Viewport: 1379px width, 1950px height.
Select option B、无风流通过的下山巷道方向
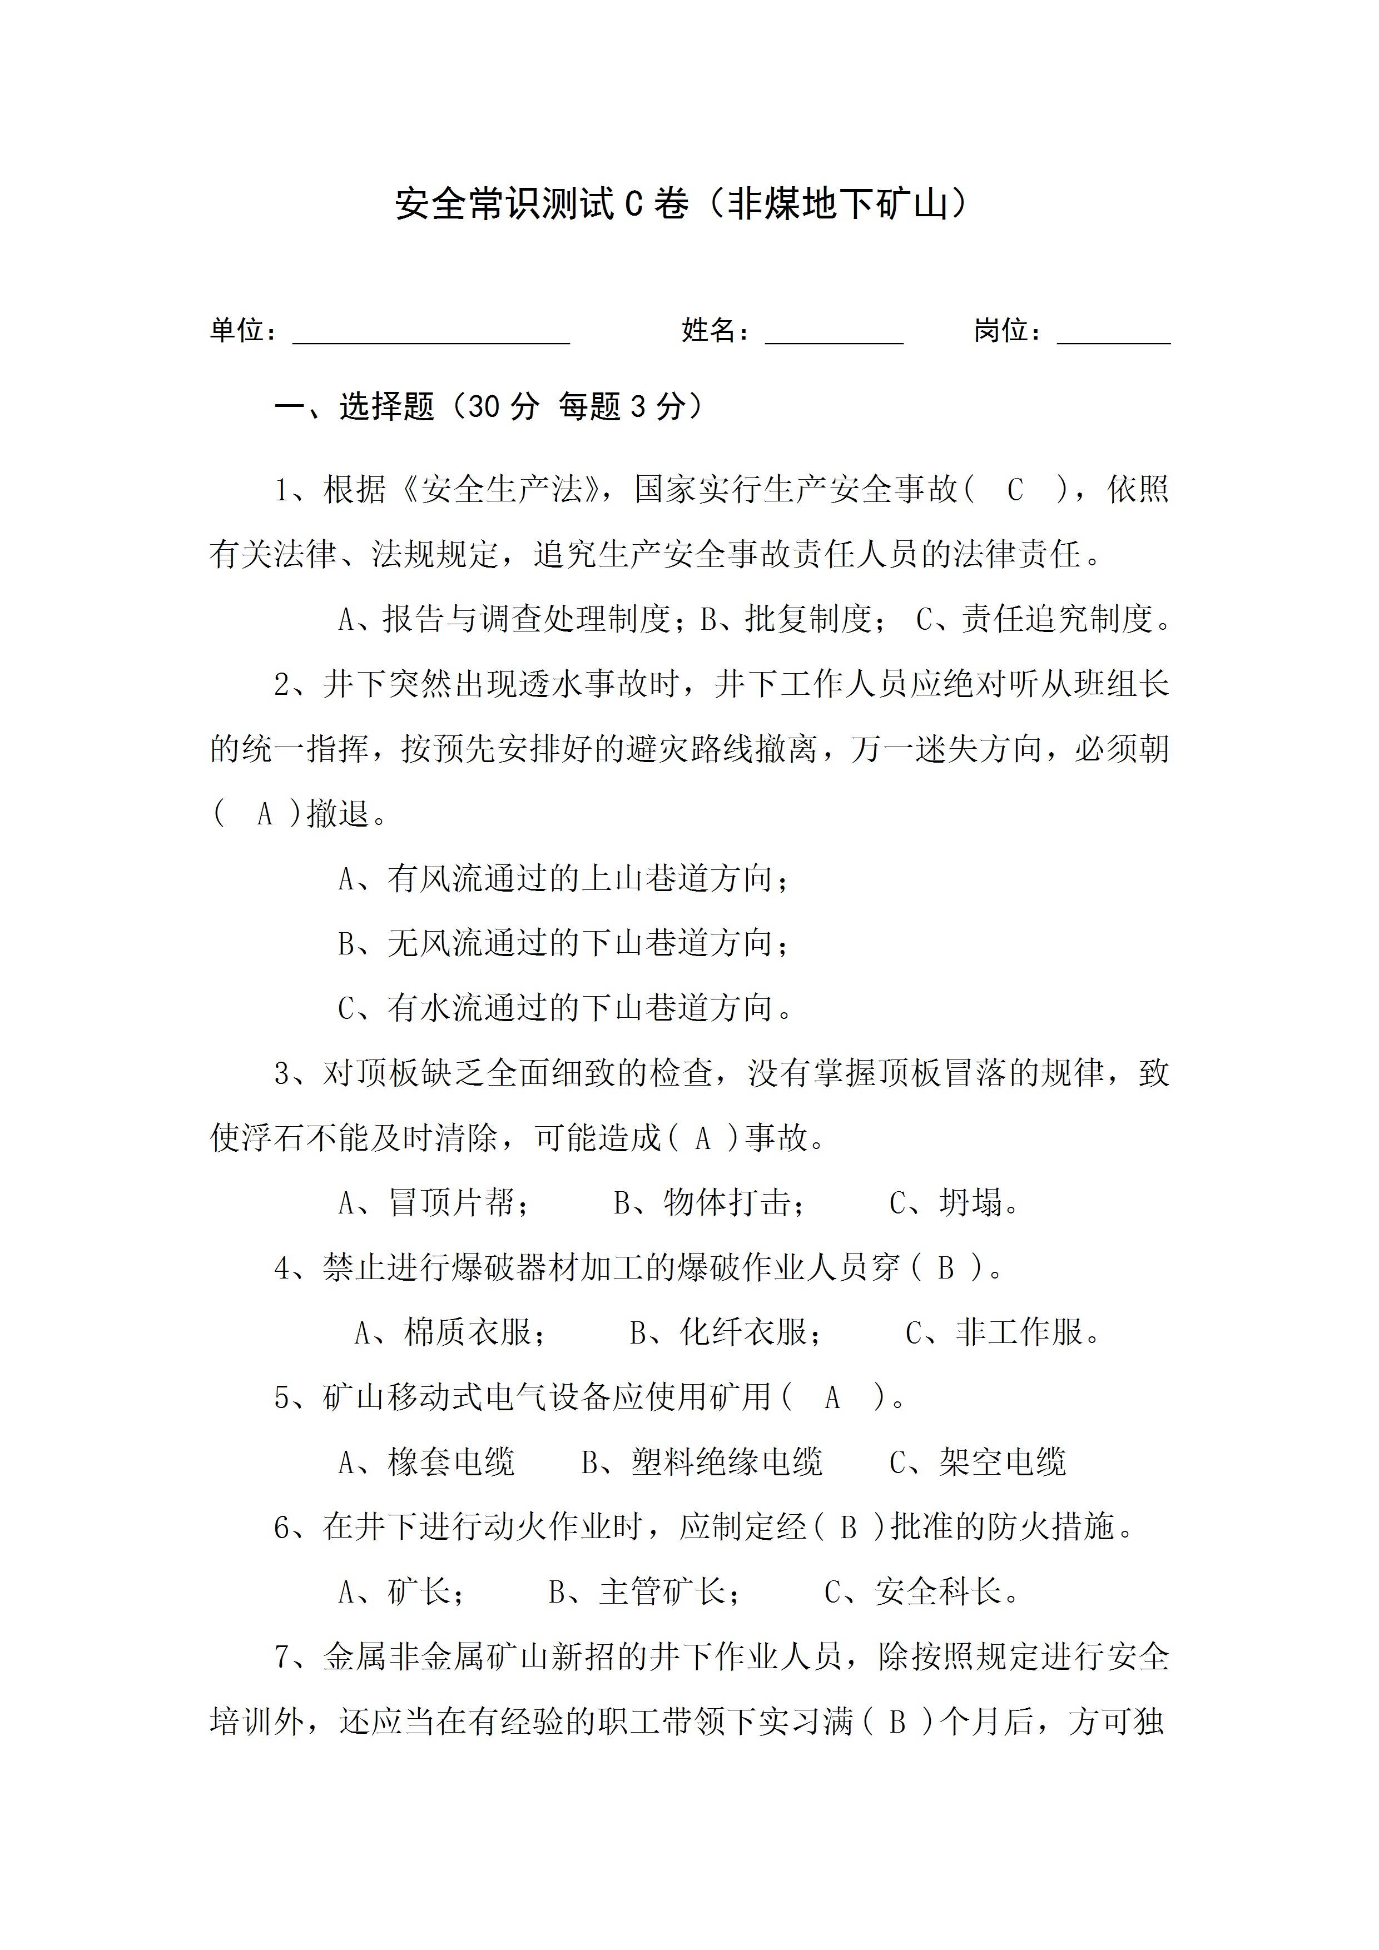pyautogui.click(x=563, y=943)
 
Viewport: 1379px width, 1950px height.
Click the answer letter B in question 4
pyautogui.click(x=946, y=1268)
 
